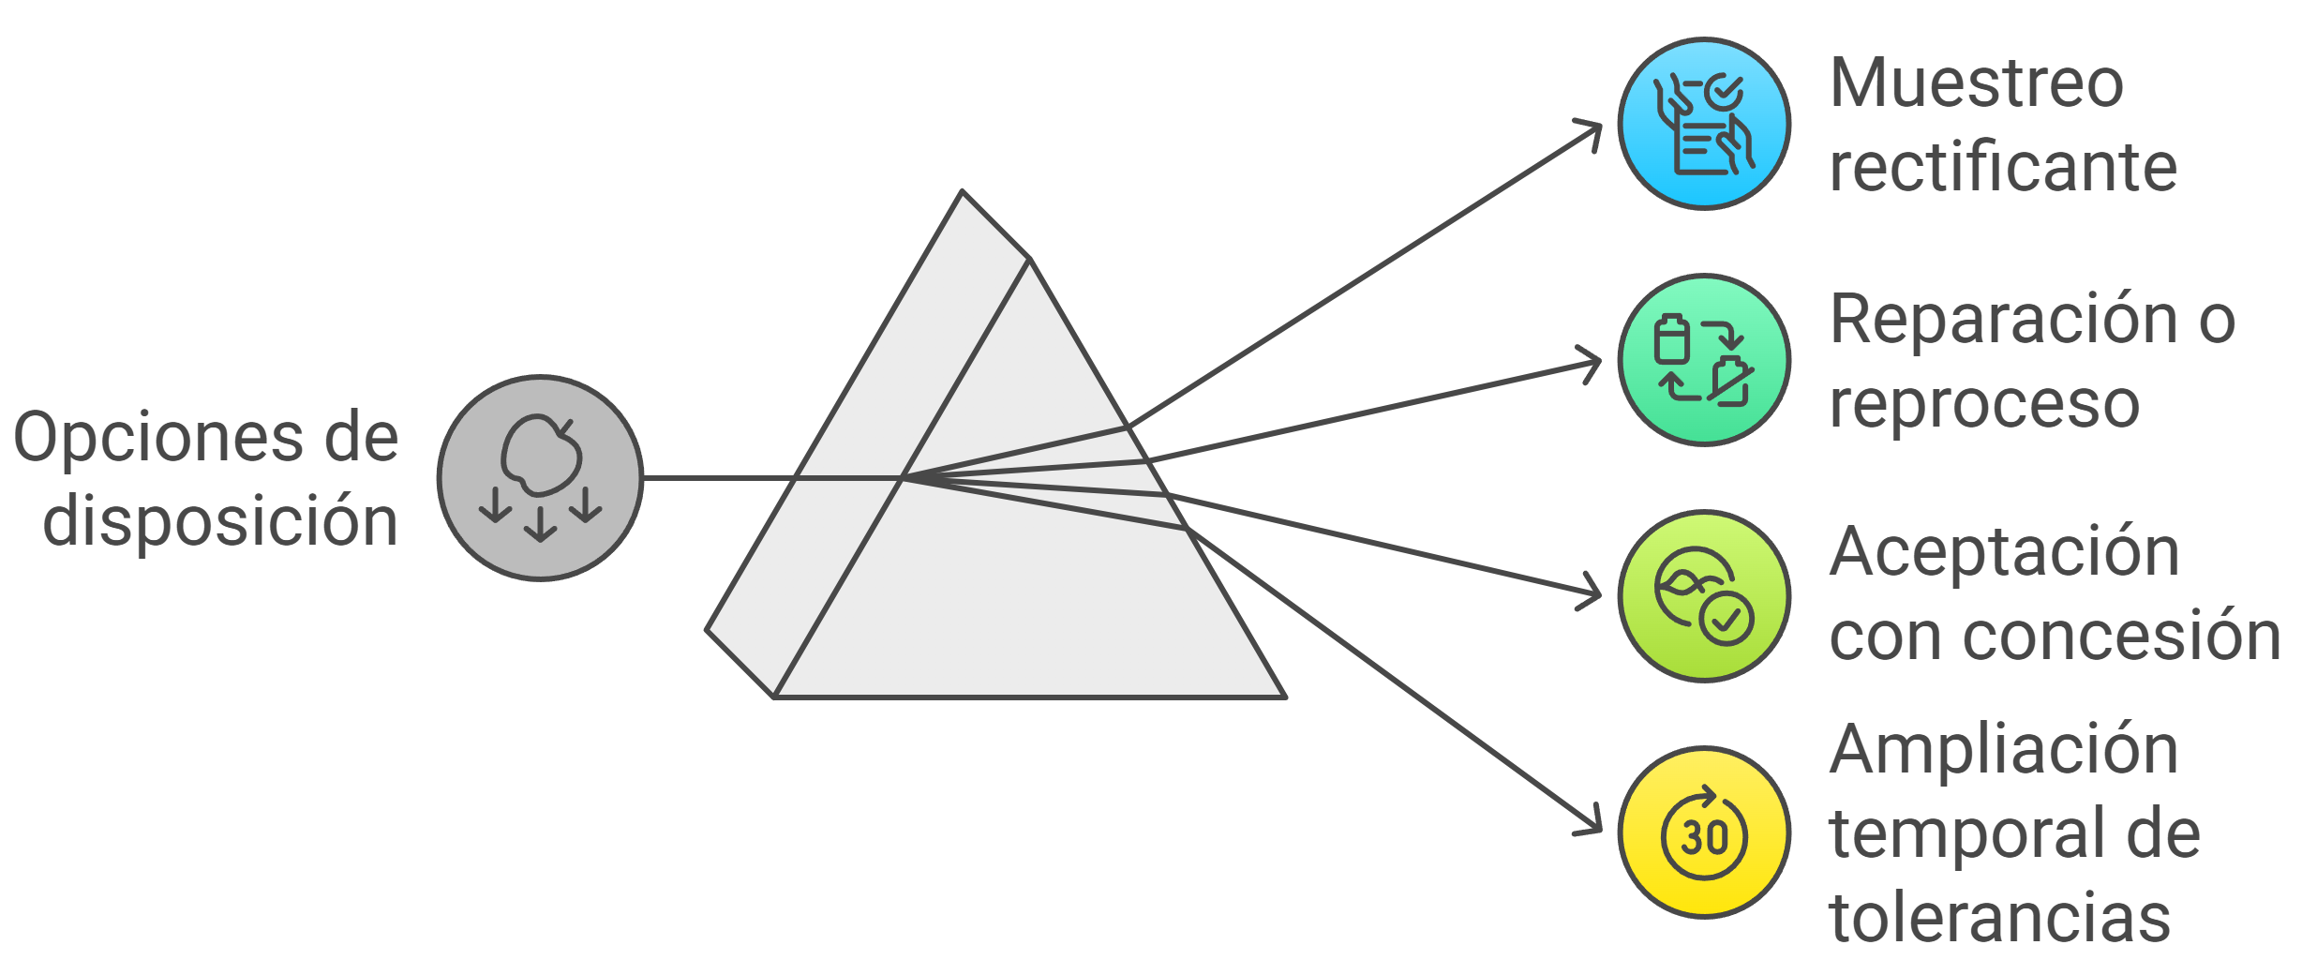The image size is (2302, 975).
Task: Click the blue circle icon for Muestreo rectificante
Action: point(1704,124)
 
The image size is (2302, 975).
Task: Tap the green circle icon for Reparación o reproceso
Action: point(1704,360)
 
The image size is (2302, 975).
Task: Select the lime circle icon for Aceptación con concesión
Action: point(1704,596)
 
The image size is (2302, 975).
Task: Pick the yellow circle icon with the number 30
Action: point(1704,832)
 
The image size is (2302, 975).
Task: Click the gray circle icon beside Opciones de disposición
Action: point(540,478)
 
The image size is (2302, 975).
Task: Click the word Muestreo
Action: point(1976,83)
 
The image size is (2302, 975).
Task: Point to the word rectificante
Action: point(2003,168)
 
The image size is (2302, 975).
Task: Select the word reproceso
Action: point(1984,404)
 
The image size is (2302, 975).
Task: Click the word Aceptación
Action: point(2004,552)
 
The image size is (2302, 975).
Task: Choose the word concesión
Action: point(2122,637)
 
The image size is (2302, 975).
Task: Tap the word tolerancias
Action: point(1999,918)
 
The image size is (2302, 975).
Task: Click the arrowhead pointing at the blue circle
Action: point(1592,130)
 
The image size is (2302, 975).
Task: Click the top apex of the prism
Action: point(962,192)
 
